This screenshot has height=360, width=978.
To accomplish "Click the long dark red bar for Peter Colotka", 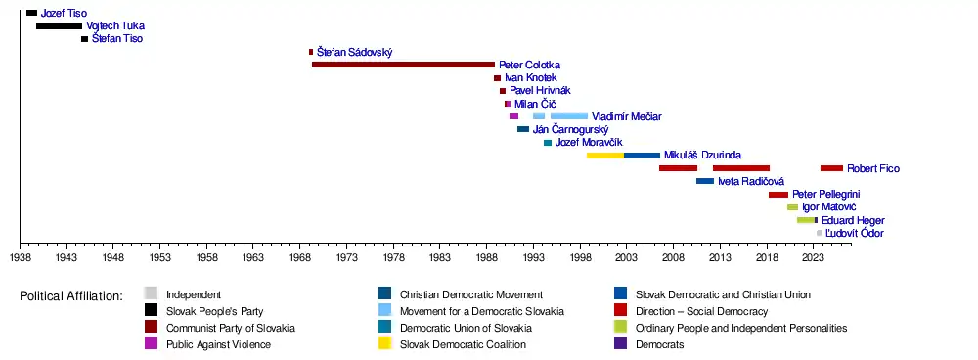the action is [x=403, y=65].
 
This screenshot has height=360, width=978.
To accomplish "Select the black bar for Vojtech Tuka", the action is [x=60, y=26].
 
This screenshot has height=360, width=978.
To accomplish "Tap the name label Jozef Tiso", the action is [x=65, y=13].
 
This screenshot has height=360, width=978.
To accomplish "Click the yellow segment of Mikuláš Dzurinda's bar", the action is [x=605, y=156].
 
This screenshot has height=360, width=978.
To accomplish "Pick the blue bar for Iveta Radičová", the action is [x=705, y=181].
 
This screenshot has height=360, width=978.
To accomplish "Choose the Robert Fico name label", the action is [x=873, y=168].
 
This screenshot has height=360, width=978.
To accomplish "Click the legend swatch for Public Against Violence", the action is [x=151, y=343].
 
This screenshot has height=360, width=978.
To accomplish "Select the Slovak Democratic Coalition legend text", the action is [x=463, y=344].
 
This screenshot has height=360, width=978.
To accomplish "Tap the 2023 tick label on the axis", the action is [x=813, y=257].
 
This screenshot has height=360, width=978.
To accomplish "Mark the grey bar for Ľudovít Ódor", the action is [x=819, y=234].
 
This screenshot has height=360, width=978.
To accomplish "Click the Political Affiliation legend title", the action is [x=71, y=295].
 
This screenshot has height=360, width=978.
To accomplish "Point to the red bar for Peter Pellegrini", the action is [x=778, y=195].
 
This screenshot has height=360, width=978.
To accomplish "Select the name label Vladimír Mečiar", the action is [x=627, y=116].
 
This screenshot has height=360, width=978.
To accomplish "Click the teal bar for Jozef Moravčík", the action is [x=548, y=143].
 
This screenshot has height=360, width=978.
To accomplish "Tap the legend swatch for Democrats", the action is [x=621, y=343].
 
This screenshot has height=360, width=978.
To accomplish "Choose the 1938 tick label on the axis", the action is [x=21, y=257].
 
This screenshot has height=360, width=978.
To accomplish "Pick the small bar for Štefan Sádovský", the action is [x=311, y=52].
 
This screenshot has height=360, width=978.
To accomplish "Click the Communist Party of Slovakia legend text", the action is [x=231, y=328].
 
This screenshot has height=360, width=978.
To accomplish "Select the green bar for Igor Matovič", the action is [x=793, y=207].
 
